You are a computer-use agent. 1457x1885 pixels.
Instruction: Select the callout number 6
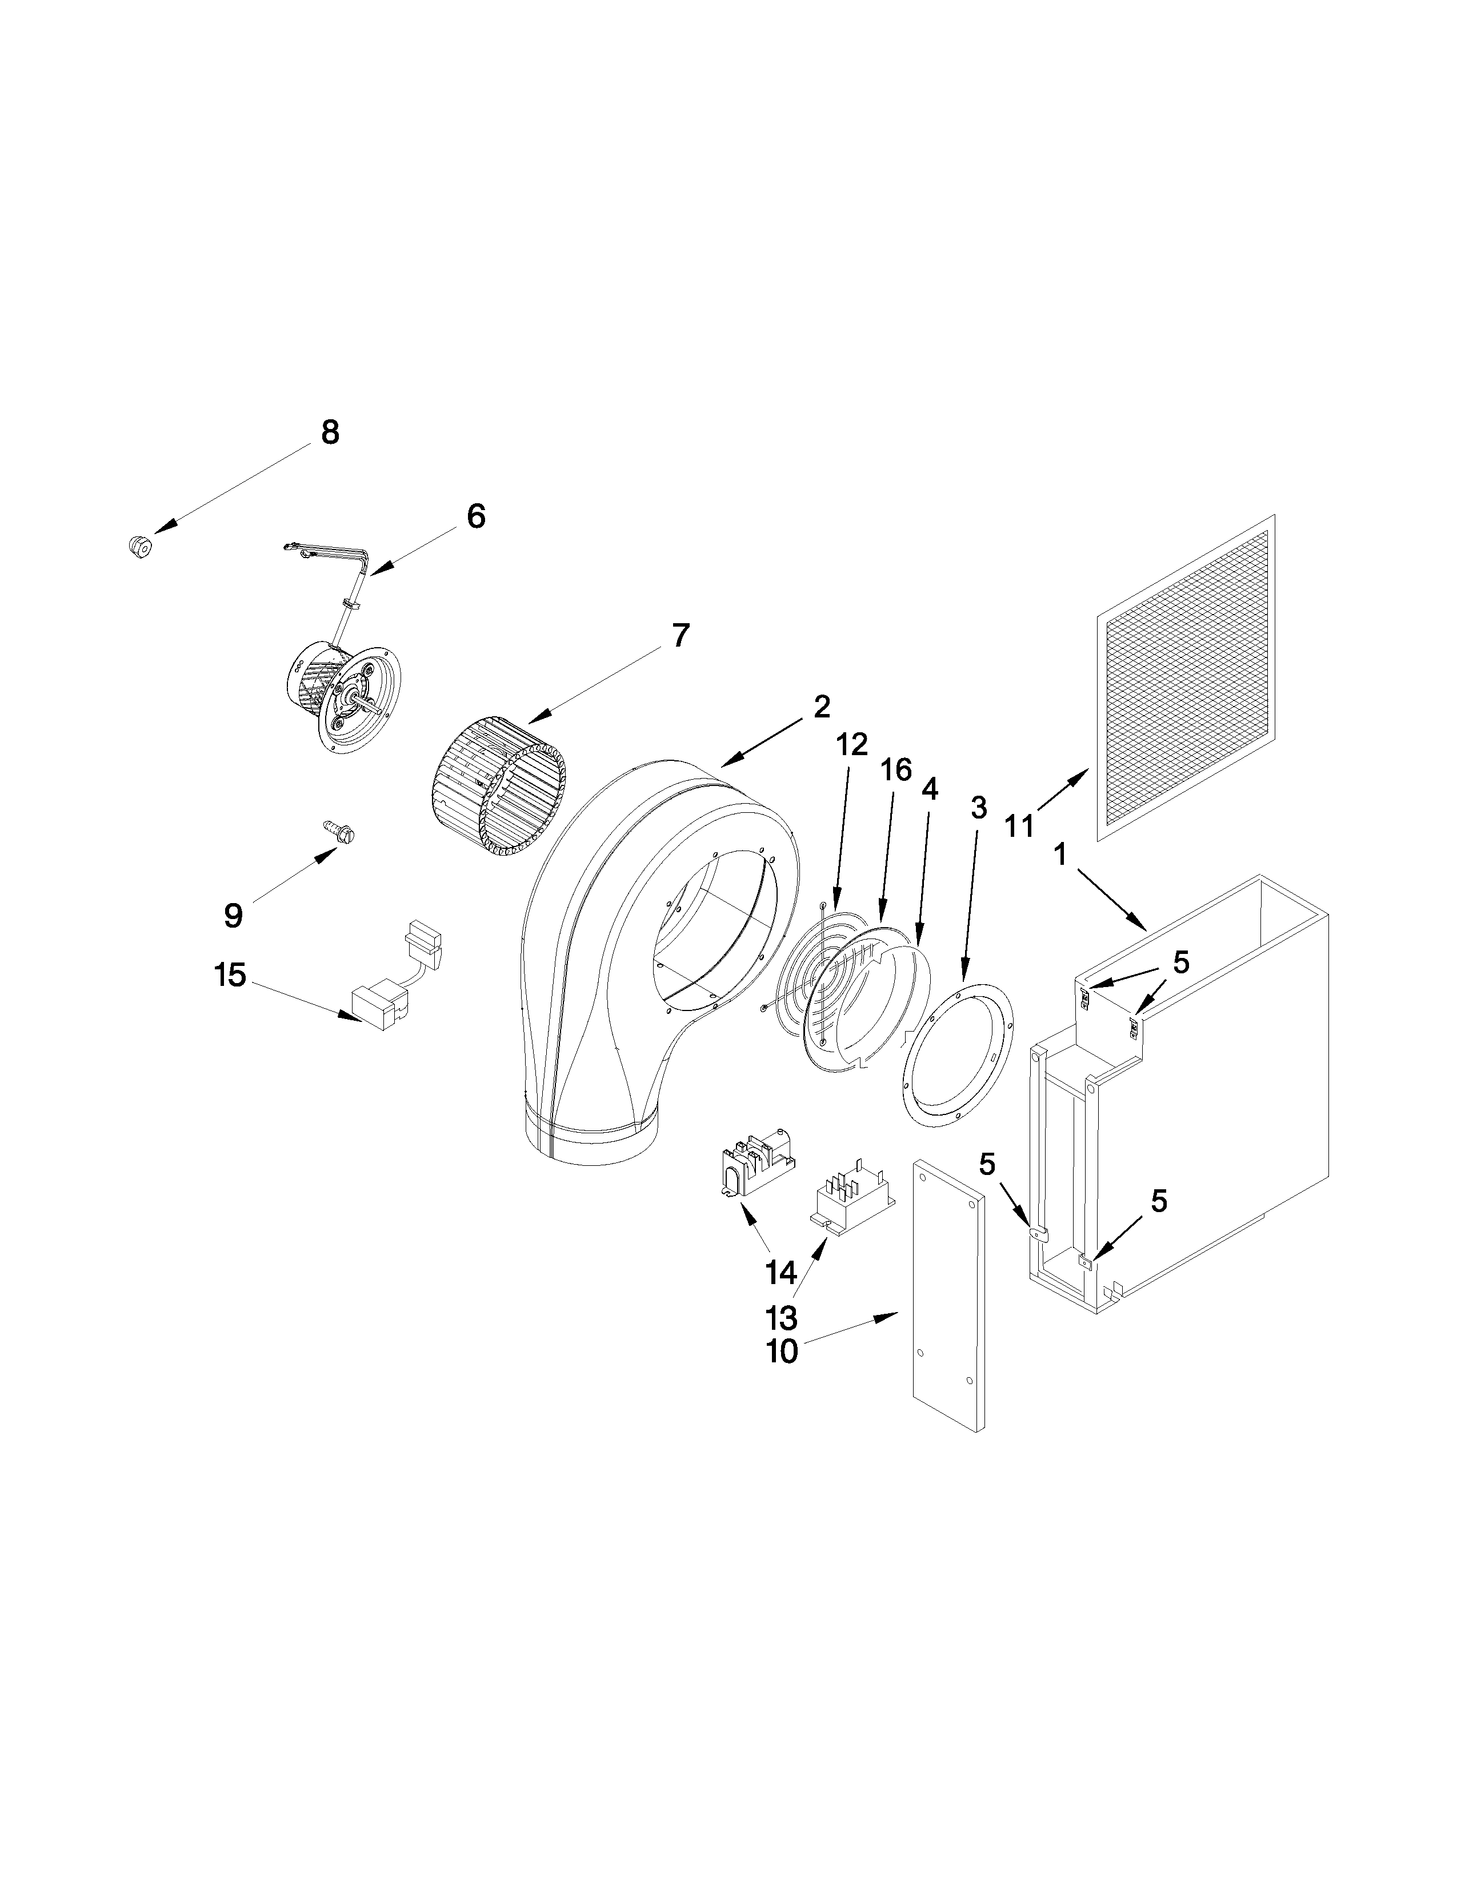click(x=475, y=516)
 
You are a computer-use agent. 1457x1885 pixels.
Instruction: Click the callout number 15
click(x=230, y=976)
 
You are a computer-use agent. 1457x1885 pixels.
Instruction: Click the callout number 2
click(x=821, y=707)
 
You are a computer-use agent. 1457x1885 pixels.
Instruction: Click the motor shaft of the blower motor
click(x=373, y=708)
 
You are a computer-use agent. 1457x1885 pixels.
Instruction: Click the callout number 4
click(x=930, y=788)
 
